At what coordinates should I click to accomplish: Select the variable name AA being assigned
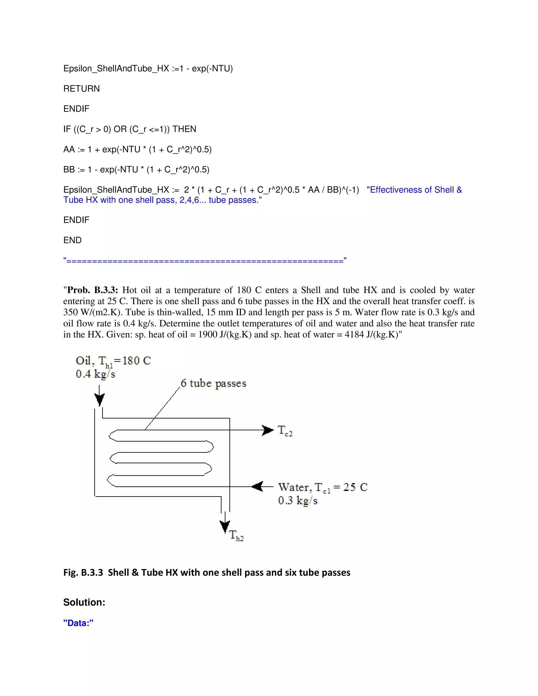tap(69, 149)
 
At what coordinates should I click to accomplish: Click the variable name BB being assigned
tap(69, 170)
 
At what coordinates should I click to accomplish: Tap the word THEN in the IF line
tap(184, 129)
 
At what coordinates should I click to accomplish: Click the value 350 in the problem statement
tap(70, 312)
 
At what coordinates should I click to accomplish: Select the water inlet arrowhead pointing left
tap(257, 486)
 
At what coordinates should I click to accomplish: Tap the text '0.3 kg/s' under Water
tap(297, 500)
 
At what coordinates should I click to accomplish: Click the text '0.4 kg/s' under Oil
tap(95, 374)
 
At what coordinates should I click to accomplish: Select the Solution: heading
tap(84, 602)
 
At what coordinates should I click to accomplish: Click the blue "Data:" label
tap(78, 623)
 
